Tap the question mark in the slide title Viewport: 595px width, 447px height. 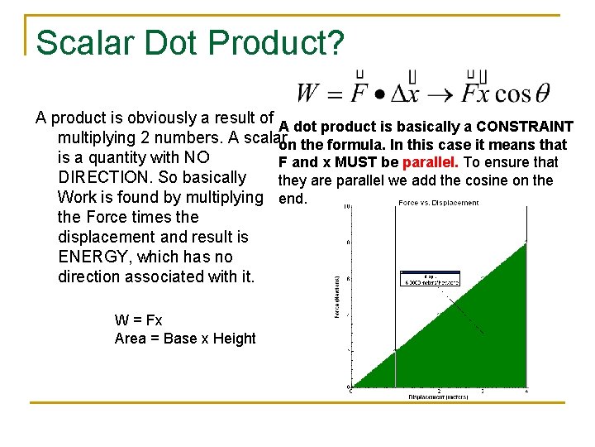(x=334, y=43)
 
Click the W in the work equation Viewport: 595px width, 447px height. (x=308, y=93)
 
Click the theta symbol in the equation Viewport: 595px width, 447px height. (x=542, y=94)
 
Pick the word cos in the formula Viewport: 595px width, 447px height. (x=513, y=94)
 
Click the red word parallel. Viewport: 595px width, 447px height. (x=429, y=162)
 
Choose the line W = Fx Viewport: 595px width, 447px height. (x=139, y=320)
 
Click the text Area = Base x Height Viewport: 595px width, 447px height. (x=185, y=338)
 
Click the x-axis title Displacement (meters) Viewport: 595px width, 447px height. (x=438, y=397)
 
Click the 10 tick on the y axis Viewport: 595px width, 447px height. (x=347, y=207)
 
